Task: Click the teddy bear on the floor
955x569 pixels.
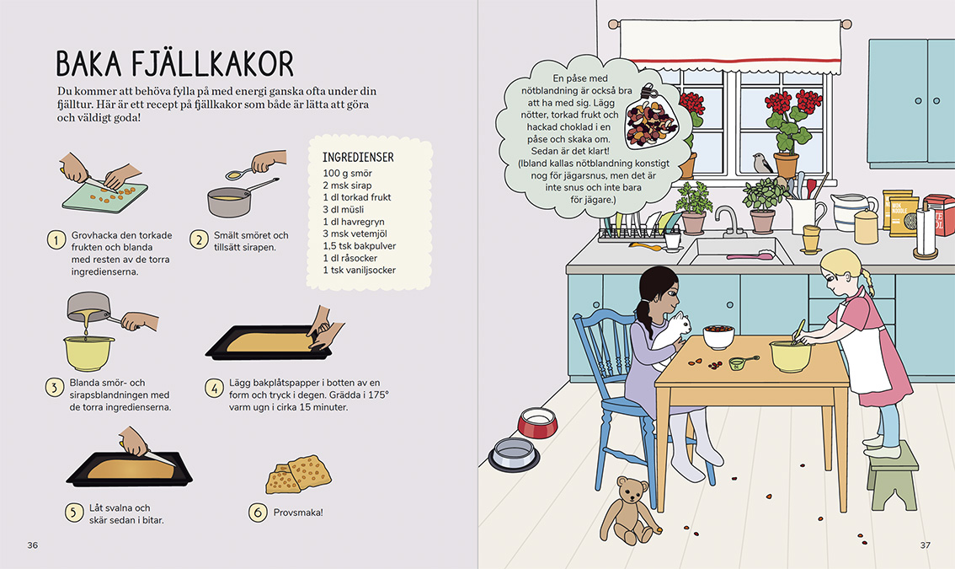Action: [629, 510]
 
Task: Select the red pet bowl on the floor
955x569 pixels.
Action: [537, 422]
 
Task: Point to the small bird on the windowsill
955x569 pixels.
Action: [761, 163]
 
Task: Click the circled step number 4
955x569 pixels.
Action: [215, 387]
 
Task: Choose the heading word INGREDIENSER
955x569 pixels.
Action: [358, 158]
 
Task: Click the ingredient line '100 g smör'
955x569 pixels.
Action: [347, 173]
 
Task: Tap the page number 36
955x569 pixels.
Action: [33, 545]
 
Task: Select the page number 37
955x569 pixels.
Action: [926, 545]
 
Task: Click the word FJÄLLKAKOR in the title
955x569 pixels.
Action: [212, 63]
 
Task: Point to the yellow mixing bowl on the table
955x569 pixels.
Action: [791, 356]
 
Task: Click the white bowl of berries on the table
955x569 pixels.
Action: [718, 336]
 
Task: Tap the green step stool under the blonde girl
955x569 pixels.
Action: [894, 475]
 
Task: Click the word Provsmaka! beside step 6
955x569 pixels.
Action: [298, 513]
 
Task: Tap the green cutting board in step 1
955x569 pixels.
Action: [104, 197]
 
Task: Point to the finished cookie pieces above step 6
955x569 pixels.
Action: [298, 474]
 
